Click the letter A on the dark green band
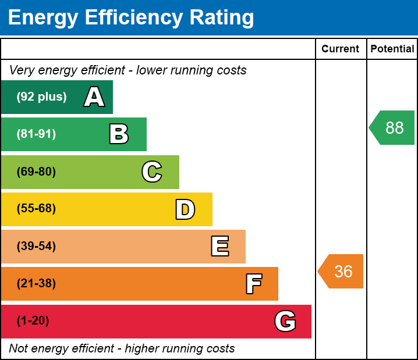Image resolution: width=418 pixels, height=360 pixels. coord(94,97)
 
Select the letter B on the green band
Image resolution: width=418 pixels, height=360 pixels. coord(119,134)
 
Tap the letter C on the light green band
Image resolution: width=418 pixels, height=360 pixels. coord(152,172)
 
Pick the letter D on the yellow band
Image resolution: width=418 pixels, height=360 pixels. coord(185,209)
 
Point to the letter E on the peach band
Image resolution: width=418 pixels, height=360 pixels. coord(219,247)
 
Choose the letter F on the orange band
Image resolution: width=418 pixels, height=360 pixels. coord(253,284)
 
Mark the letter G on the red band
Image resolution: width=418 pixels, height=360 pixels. coord(285,321)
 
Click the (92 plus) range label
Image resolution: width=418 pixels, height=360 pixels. coord(41,97)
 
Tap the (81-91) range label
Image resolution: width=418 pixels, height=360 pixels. coord(36,134)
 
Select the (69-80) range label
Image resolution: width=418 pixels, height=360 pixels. coord(36,172)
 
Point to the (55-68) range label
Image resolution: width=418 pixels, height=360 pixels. coord(36,209)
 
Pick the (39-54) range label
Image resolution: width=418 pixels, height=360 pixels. coord(36,247)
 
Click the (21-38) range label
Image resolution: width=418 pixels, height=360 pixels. coord(36,284)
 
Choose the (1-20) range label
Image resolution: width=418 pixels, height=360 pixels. coord(33,321)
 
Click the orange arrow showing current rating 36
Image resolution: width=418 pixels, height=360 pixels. coord(342,272)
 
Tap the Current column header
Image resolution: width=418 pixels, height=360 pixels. coord(341,49)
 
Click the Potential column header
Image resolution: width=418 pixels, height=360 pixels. coord(392,49)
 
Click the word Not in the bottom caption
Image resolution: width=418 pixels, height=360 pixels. coord(19,349)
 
